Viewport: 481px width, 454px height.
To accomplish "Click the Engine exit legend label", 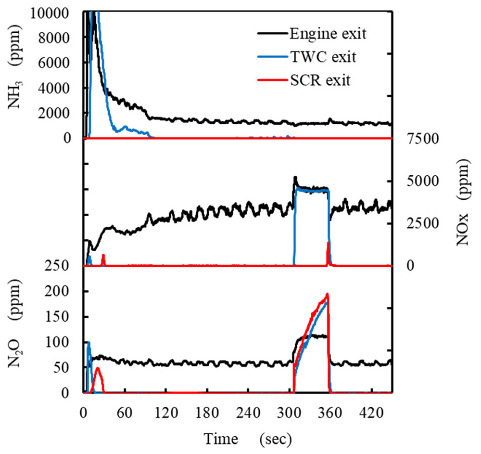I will click(328, 34).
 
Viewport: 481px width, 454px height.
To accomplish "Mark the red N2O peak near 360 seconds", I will click(327, 294).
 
